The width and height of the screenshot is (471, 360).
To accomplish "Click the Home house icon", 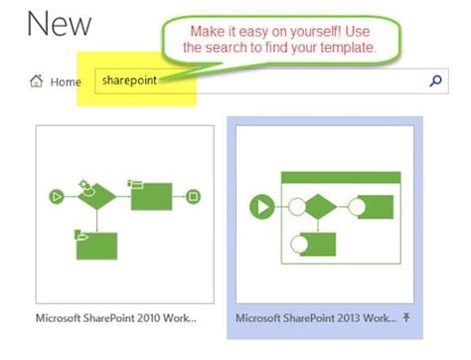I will click(x=37, y=81).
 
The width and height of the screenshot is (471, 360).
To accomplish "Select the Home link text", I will click(x=65, y=82).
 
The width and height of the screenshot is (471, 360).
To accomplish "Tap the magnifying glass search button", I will click(x=434, y=81).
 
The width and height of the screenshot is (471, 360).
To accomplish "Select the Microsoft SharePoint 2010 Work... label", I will click(x=115, y=319).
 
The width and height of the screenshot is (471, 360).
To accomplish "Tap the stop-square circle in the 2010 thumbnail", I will click(x=194, y=196).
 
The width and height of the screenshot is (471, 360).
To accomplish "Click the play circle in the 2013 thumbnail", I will click(x=262, y=207).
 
